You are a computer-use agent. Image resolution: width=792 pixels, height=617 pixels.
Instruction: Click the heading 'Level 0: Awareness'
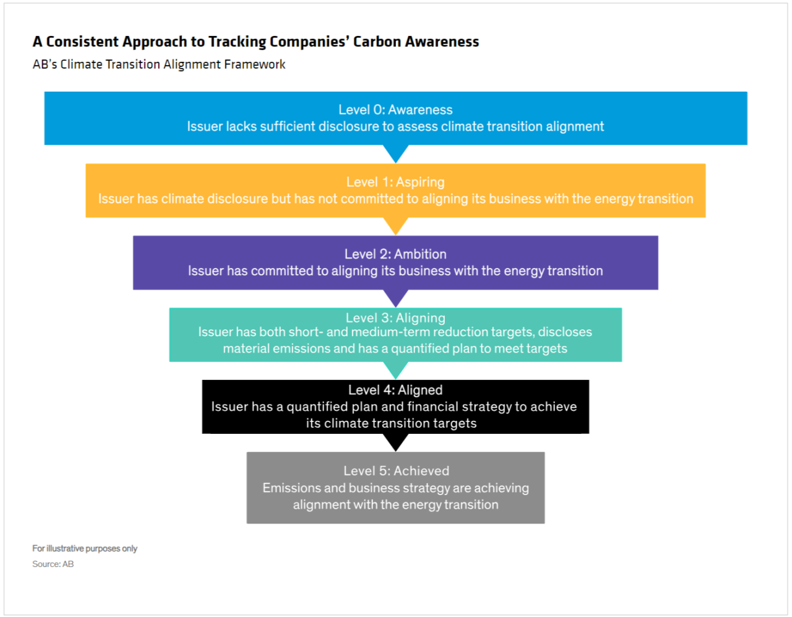tap(395, 110)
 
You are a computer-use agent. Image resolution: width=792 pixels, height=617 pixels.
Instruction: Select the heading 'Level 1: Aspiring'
tap(395, 182)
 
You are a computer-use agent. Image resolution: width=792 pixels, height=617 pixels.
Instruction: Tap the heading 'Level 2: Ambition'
tap(395, 254)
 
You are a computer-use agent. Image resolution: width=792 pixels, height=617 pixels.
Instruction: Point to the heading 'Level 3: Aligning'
tap(395, 318)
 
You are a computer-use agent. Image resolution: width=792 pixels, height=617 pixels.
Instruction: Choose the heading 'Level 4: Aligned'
tap(395, 390)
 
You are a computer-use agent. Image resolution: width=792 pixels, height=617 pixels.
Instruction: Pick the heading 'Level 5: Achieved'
tap(396, 471)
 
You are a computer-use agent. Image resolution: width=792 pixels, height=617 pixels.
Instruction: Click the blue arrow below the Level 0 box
tap(396, 153)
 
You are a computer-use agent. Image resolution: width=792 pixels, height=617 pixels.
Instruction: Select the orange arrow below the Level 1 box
tap(396, 226)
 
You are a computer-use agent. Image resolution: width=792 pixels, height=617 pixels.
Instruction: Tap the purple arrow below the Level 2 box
tap(396, 298)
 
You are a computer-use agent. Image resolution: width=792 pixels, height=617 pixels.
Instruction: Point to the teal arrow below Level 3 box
tap(396, 370)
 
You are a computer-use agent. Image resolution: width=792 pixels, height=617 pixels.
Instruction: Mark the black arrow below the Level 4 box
tap(396, 442)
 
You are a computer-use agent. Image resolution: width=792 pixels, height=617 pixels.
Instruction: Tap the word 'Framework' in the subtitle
tap(255, 64)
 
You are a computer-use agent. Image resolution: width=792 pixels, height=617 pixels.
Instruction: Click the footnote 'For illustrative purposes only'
tap(85, 548)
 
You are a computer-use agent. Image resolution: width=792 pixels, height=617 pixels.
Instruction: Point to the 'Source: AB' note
tap(53, 564)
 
